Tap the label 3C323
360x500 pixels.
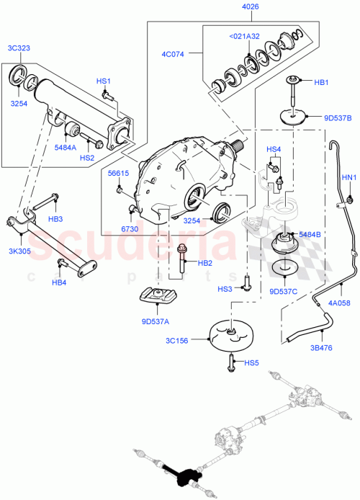click(19, 49)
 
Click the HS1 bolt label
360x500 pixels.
click(104, 81)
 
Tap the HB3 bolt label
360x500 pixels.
click(55, 218)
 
